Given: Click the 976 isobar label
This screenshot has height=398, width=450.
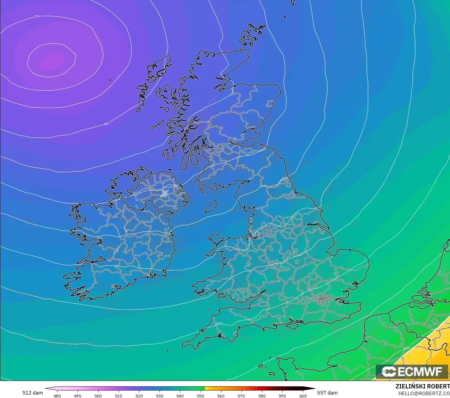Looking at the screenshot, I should (37, 16).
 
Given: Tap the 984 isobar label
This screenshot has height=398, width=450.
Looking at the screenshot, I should (106, 124).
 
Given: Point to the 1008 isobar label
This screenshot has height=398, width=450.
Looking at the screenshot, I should (219, 324).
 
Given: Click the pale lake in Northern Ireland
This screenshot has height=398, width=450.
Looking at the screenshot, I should (165, 193).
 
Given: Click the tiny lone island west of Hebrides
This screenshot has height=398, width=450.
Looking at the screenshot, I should (110, 80).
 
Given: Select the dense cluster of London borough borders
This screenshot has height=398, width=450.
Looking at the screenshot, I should (323, 299).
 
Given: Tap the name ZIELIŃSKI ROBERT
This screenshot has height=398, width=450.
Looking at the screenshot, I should (422, 386).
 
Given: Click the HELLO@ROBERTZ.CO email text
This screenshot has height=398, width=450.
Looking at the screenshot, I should (424, 393).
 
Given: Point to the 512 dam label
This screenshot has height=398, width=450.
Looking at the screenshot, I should (32, 393).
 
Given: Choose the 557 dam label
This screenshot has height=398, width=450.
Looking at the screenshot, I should (327, 393).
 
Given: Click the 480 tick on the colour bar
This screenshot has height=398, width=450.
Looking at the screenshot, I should (57, 396).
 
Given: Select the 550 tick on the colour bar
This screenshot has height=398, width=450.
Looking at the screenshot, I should (200, 396).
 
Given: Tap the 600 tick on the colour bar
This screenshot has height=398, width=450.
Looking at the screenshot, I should (303, 396).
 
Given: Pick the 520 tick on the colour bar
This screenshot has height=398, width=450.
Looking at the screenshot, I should (139, 396).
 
